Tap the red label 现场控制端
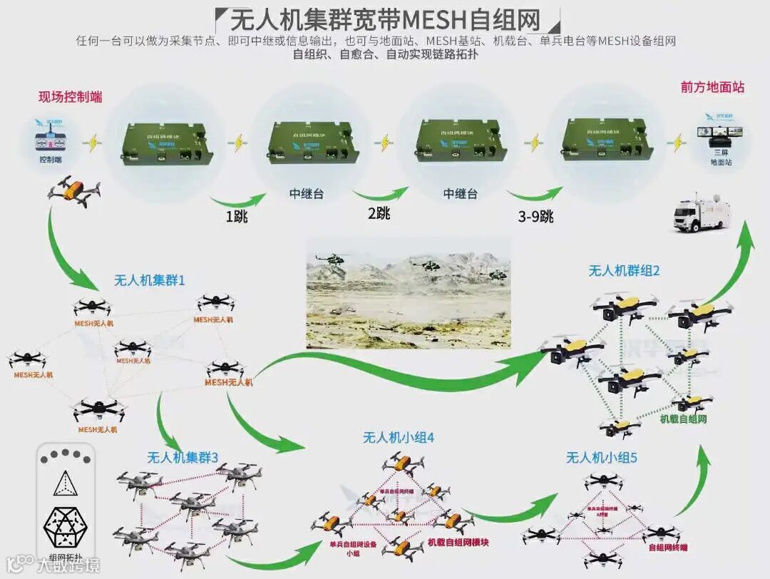(x=70, y=97)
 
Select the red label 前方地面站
(x=712, y=87)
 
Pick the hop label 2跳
(x=379, y=213)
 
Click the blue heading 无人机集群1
(x=150, y=280)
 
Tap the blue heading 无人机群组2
(x=624, y=271)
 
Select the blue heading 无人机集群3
(x=183, y=457)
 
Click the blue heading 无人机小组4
(x=399, y=438)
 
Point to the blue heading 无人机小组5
(x=601, y=457)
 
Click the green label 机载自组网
(x=682, y=419)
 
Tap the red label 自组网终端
(x=668, y=548)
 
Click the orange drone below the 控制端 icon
(x=73, y=190)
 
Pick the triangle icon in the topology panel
(x=65, y=485)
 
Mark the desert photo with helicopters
(x=409, y=293)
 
